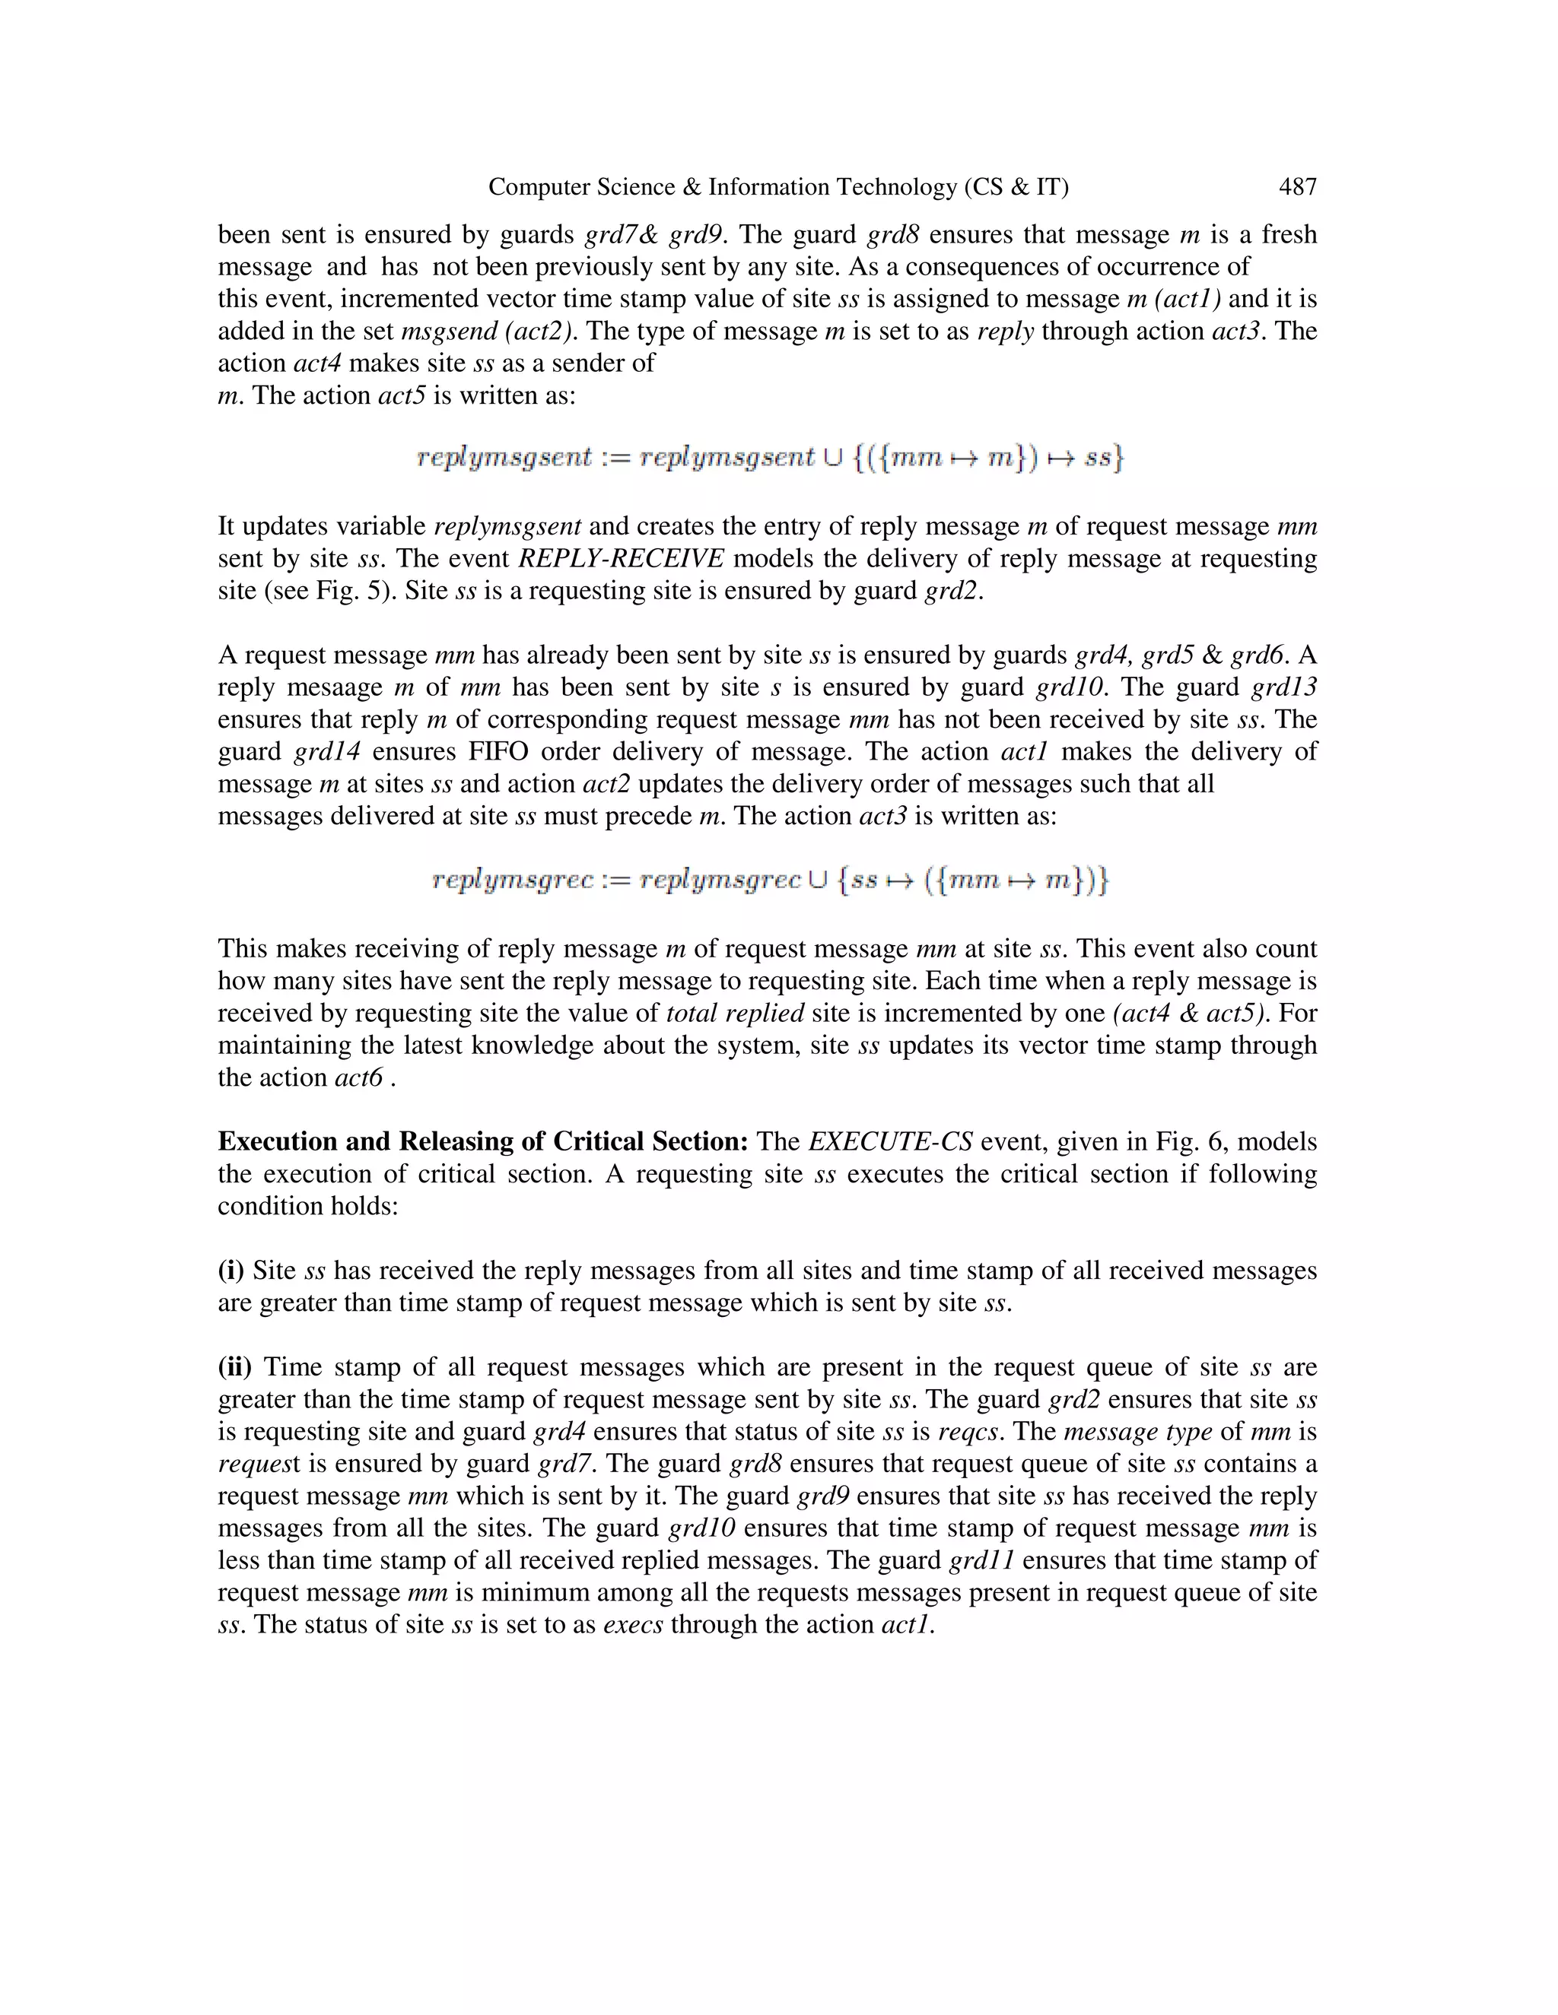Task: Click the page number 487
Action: click(1297, 187)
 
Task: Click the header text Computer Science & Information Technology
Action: click(778, 187)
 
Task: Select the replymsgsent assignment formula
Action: click(770, 458)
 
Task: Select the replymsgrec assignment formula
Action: click(770, 881)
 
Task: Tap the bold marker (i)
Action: click(231, 1271)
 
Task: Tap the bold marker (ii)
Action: click(234, 1367)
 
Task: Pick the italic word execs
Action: click(633, 1625)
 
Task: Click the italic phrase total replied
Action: click(735, 1013)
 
